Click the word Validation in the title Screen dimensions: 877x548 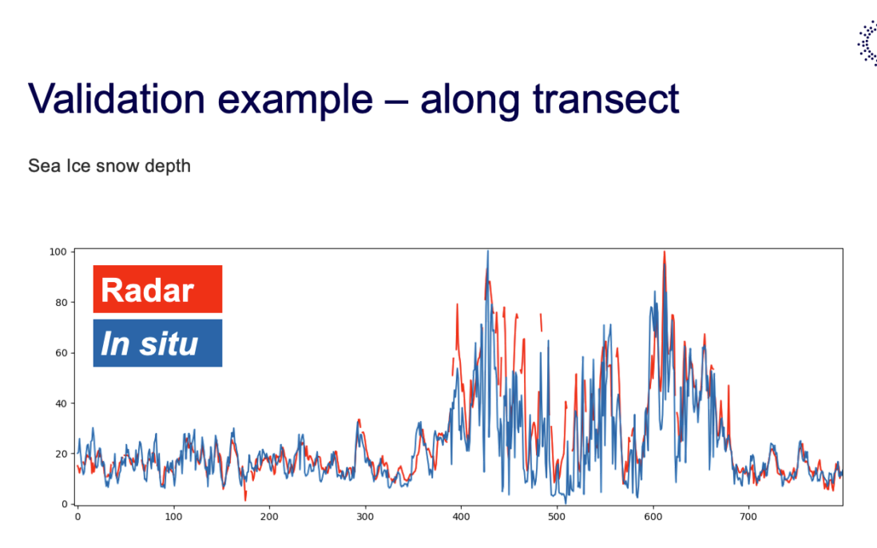[117, 99]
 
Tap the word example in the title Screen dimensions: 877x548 [295, 101]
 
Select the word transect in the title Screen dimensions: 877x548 [605, 100]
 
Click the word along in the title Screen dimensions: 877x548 [470, 101]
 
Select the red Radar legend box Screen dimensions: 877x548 [157, 289]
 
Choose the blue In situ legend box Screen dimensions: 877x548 [157, 343]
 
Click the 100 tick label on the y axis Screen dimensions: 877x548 [58, 252]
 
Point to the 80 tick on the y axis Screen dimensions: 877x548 [61, 303]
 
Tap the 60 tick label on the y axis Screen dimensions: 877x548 [61, 353]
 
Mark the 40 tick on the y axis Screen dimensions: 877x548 [61, 403]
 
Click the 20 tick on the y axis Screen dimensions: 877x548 [61, 454]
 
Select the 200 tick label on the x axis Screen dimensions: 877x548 [269, 517]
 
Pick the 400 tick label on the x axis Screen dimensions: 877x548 [461, 517]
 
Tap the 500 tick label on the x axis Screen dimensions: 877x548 [557, 517]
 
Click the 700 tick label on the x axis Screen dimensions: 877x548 [748, 517]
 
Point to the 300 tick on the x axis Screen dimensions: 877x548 [365, 517]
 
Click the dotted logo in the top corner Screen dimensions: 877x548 [868, 44]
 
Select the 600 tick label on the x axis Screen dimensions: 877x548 [653, 517]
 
